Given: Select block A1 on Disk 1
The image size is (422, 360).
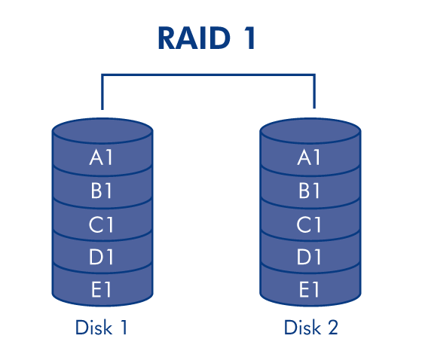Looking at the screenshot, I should (102, 157).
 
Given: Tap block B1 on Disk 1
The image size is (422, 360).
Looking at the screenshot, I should (102, 191).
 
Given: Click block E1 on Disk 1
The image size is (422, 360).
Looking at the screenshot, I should (102, 289).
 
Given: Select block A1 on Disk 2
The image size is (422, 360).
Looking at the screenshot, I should (310, 157).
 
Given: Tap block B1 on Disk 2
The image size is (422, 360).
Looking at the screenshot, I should (310, 191).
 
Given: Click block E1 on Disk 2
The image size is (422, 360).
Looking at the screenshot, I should (310, 289).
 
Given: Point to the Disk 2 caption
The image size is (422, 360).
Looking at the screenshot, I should (310, 328).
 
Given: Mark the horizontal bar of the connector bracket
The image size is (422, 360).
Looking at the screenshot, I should (208, 75).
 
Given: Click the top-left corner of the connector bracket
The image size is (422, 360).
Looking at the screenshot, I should (102, 75).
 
